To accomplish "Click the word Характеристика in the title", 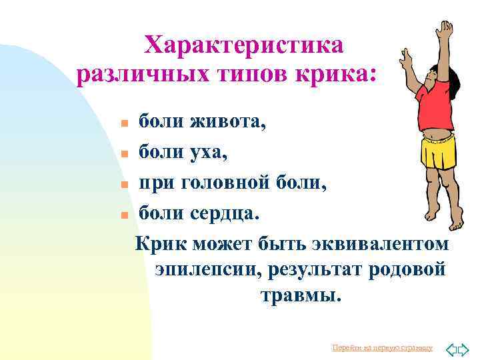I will (245, 45).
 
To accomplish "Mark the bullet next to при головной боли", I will (124, 185).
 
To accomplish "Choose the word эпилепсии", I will (205, 269).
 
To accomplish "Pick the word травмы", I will (300, 294).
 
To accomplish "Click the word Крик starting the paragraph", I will (161, 244).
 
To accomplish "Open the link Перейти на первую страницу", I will (382, 348).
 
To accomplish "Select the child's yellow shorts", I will (438, 152).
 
